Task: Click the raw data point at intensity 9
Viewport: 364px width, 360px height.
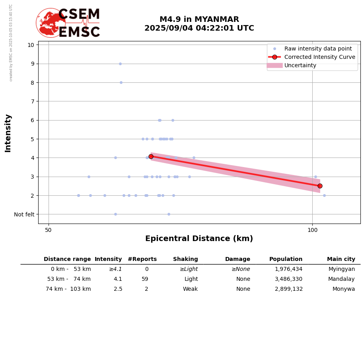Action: click(x=120, y=64)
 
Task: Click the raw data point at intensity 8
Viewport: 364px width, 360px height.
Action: click(x=121, y=82)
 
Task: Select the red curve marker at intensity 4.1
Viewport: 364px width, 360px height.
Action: click(x=151, y=156)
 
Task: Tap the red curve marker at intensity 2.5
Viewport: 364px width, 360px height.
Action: click(x=320, y=186)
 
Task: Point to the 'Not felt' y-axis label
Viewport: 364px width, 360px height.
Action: click(x=24, y=214)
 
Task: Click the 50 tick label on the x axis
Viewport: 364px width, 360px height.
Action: click(x=49, y=230)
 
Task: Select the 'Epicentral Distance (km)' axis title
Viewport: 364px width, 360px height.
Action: click(x=199, y=239)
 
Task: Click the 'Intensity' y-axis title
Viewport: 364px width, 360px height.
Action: click(x=8, y=133)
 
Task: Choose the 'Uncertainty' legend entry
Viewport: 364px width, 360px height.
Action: click(x=300, y=65)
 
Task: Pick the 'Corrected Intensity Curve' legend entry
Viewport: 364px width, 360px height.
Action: click(x=319, y=57)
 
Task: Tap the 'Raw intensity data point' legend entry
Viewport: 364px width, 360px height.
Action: click(x=318, y=49)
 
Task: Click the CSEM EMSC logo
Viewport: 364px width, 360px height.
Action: click(x=68, y=23)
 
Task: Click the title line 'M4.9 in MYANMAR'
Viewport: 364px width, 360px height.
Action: click(x=199, y=19)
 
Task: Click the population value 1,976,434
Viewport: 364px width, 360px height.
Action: click(x=288, y=269)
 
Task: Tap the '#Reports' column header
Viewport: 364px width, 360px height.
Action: click(x=142, y=259)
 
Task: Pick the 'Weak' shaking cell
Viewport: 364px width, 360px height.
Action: click(x=190, y=289)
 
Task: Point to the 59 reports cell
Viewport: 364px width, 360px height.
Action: click(x=145, y=279)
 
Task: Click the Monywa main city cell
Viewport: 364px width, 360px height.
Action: click(x=344, y=289)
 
